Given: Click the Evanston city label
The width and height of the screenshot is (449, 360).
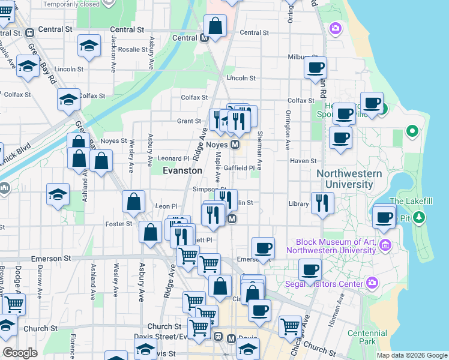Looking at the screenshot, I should click(x=182, y=170).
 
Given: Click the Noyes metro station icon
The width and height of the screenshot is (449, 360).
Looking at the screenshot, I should click(x=236, y=145).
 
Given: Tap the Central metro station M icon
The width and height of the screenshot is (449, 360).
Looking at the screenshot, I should click(x=204, y=38).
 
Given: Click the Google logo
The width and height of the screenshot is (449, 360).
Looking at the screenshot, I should click(x=20, y=353).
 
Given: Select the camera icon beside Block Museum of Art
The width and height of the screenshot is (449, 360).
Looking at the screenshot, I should click(x=385, y=245).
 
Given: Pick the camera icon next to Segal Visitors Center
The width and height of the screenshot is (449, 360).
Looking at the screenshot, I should click(x=372, y=283).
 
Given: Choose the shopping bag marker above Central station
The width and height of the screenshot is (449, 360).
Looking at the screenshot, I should click(x=215, y=26).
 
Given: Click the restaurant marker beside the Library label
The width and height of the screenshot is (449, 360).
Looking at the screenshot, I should click(x=322, y=203).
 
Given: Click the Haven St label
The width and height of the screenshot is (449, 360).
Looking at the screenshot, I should click(x=303, y=161).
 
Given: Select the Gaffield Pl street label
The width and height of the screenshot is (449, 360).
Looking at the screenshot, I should click(x=240, y=168).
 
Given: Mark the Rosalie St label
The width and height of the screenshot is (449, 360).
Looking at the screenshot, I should click(x=132, y=50).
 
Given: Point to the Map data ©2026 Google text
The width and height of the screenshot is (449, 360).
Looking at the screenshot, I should click(x=412, y=355).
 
